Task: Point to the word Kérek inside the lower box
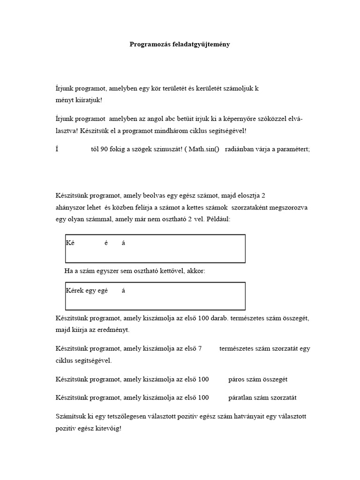[x=75, y=291]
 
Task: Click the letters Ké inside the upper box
[x=70, y=243]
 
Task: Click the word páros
[x=238, y=379]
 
